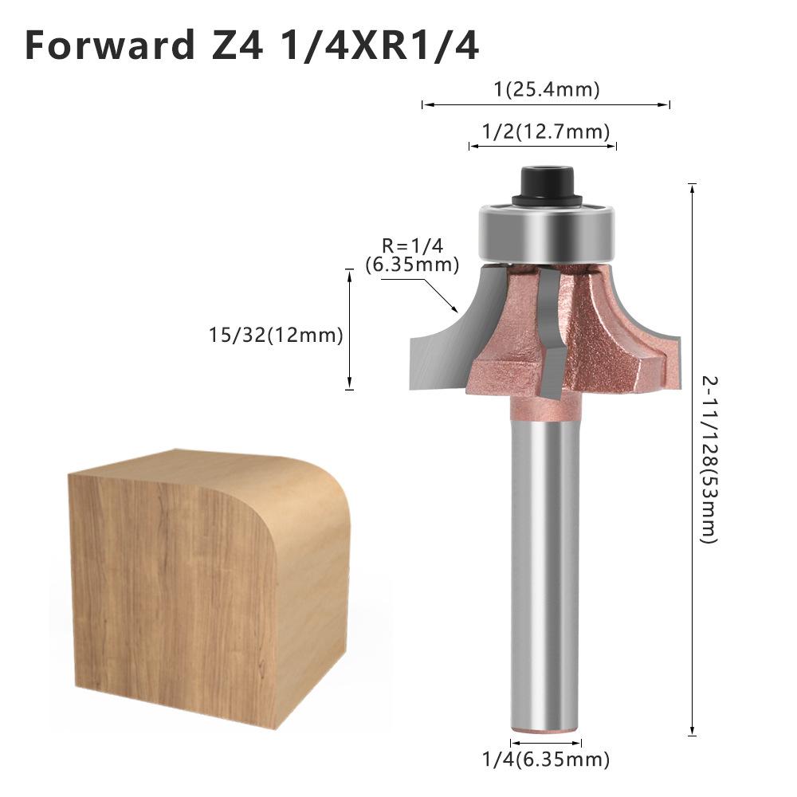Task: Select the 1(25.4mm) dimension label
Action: coord(546,89)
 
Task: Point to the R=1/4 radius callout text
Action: coord(411,246)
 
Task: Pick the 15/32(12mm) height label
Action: coord(276,336)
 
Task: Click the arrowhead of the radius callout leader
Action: coord(455,308)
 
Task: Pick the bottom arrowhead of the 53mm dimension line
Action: coord(692,732)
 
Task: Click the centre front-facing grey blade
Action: coord(550,335)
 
